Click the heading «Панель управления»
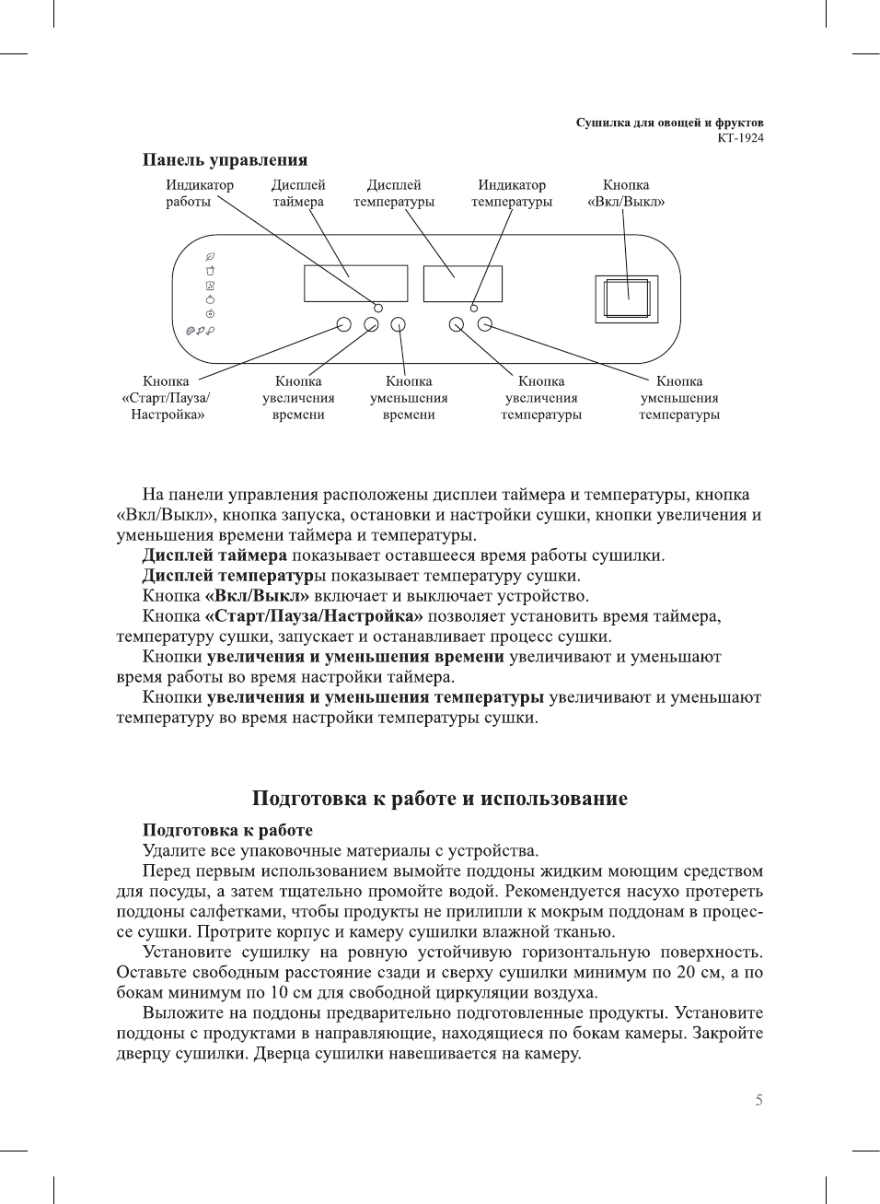tap(225, 160)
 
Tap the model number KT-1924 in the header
tap(740, 138)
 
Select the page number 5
tap(758, 1100)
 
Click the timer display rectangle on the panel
tap(355, 284)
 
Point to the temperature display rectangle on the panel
tap(462, 284)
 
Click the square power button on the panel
tap(627, 298)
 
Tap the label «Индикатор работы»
tap(199, 193)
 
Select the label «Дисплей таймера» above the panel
tap(298, 193)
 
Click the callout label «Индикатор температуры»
tap(512, 193)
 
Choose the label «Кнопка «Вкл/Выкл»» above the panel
tap(626, 193)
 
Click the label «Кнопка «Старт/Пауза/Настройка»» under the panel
tap(167, 398)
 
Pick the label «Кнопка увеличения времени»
tap(298, 398)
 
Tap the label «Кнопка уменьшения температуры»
tap(679, 398)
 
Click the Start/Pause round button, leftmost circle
tap(344, 324)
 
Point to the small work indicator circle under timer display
tap(377, 307)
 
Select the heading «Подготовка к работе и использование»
tap(440, 799)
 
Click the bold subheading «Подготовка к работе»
tap(227, 830)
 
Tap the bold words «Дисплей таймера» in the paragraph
tap(214, 555)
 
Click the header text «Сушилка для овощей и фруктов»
tap(669, 123)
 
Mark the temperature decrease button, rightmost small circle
tap(485, 324)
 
